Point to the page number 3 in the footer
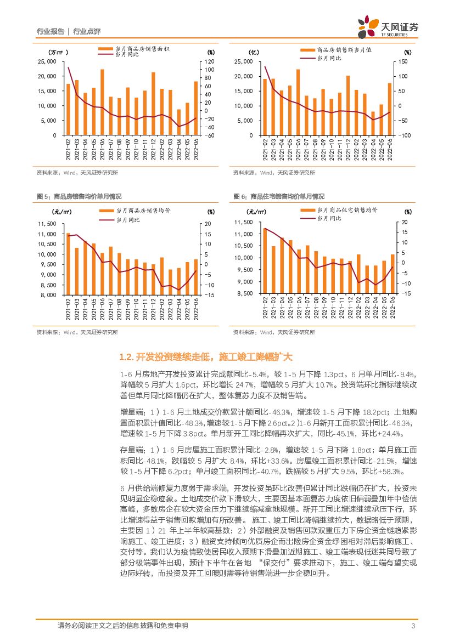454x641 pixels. coord(413,626)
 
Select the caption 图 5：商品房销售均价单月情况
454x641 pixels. coord(79,196)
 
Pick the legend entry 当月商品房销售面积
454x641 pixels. coord(143,49)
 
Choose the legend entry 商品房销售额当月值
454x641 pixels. coord(344,49)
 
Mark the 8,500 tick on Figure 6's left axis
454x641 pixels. coord(243,294)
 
